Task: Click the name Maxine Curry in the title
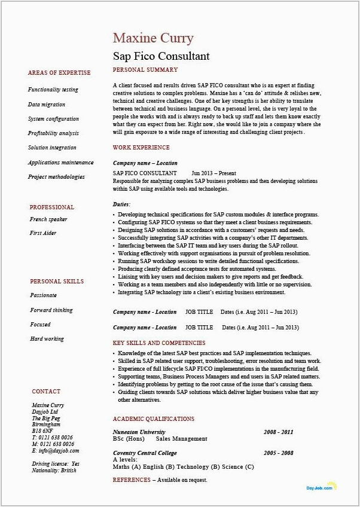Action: click(153, 38)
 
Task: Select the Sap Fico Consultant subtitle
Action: click(161, 57)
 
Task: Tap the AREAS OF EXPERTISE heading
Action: click(59, 73)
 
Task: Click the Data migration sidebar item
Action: click(47, 105)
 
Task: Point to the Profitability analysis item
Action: click(53, 133)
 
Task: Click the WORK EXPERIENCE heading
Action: click(141, 148)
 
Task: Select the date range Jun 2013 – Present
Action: click(215, 173)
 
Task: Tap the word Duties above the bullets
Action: click(121, 204)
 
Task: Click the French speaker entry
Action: click(48, 219)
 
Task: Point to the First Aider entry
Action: click(43, 233)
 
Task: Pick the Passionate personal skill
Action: click(44, 295)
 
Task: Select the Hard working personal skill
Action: click(48, 339)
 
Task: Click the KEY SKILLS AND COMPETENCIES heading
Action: click(159, 344)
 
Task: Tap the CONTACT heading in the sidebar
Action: click(46, 392)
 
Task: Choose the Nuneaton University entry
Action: click(139, 432)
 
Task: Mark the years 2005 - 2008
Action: click(278, 454)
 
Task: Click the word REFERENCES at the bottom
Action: click(131, 480)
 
